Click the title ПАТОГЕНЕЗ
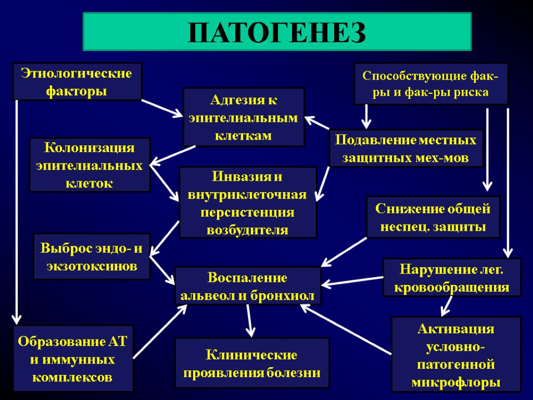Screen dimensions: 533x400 click(277, 32)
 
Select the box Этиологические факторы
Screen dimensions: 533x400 click(77, 82)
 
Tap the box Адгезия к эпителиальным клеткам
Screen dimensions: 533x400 click(244, 117)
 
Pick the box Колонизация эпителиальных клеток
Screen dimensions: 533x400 click(90, 165)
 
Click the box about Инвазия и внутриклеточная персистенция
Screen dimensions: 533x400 click(248, 202)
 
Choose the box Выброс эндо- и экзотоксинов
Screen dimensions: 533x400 click(92, 257)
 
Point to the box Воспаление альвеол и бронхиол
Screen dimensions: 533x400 click(248, 286)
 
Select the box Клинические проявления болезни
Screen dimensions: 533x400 click(252, 363)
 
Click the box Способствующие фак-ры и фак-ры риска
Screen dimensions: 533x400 click(430, 84)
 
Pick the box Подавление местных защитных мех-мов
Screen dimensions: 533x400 click(406, 148)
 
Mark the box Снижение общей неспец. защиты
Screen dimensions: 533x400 click(433, 217)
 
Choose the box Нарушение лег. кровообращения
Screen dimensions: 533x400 click(452, 278)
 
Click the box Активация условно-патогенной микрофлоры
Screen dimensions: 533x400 click(456, 354)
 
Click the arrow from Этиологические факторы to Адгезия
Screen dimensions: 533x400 click(162, 108)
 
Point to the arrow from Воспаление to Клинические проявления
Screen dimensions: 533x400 click(250, 320)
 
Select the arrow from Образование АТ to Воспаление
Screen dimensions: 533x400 click(160, 332)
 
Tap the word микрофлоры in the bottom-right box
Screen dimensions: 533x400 click(456, 382)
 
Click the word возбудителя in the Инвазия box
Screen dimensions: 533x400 click(248, 230)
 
